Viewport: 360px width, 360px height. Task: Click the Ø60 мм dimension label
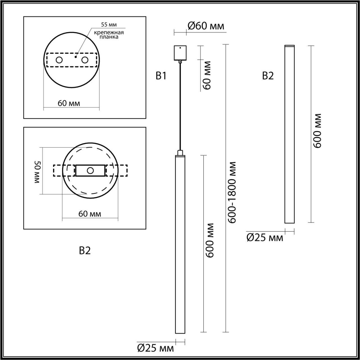point(206,26)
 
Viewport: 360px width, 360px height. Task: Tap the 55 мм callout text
point(109,25)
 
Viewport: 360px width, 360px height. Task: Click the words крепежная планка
point(109,35)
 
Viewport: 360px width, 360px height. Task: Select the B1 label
point(161,76)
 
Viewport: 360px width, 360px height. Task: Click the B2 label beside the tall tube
point(268,76)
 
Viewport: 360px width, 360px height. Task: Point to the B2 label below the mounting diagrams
point(85,251)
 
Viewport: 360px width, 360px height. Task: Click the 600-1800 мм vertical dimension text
point(232,192)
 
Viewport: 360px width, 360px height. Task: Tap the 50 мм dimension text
point(37,172)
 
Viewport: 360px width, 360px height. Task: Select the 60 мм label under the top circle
point(69,103)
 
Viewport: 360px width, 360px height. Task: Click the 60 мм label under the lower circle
point(90,214)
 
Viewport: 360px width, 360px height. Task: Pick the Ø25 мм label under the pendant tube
point(155,349)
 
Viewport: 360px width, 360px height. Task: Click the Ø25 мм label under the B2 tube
point(265,238)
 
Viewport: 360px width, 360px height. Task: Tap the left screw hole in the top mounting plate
point(59,60)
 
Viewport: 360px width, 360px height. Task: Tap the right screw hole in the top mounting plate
point(85,60)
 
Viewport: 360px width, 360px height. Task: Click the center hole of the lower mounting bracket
point(90,170)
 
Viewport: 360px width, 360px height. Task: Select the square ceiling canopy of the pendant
point(180,53)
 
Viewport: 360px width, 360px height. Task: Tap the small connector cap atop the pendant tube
point(180,153)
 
